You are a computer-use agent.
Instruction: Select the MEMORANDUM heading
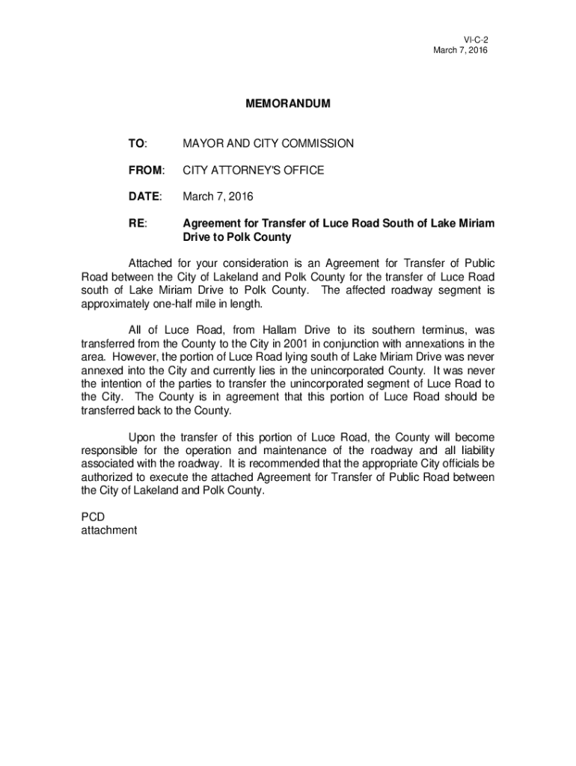click(287, 104)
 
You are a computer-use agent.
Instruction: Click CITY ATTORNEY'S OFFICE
click(254, 171)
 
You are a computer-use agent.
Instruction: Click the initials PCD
click(94, 517)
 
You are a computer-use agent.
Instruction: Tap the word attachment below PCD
click(108, 530)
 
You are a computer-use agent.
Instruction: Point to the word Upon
click(141, 437)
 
